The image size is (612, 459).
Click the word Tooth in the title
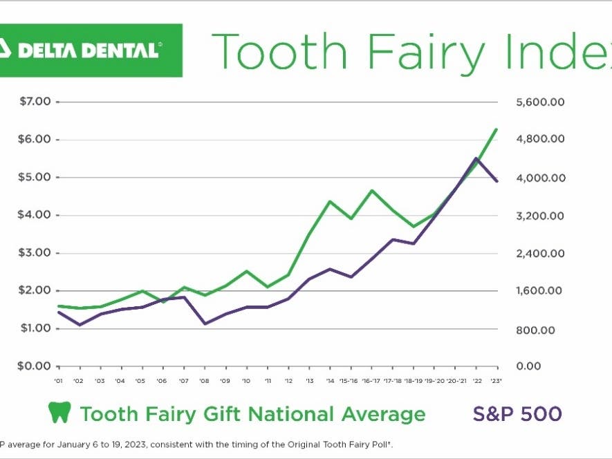[284, 52]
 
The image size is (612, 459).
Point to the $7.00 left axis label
[35, 102]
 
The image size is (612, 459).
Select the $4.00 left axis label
[35, 215]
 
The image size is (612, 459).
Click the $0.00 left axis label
[35, 366]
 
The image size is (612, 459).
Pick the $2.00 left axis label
[35, 290]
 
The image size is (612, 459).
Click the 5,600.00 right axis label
[540, 102]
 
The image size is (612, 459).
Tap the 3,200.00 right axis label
[540, 216]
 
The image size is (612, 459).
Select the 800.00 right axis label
[535, 329]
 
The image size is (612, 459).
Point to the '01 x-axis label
[59, 381]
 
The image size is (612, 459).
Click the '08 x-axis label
[204, 381]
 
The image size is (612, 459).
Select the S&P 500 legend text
[517, 414]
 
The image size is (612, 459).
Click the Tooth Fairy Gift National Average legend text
[252, 414]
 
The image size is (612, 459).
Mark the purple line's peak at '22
[476, 158]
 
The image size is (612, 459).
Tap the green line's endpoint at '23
[497, 129]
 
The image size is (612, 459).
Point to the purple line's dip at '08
[205, 324]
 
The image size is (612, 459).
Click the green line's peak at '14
[330, 201]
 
